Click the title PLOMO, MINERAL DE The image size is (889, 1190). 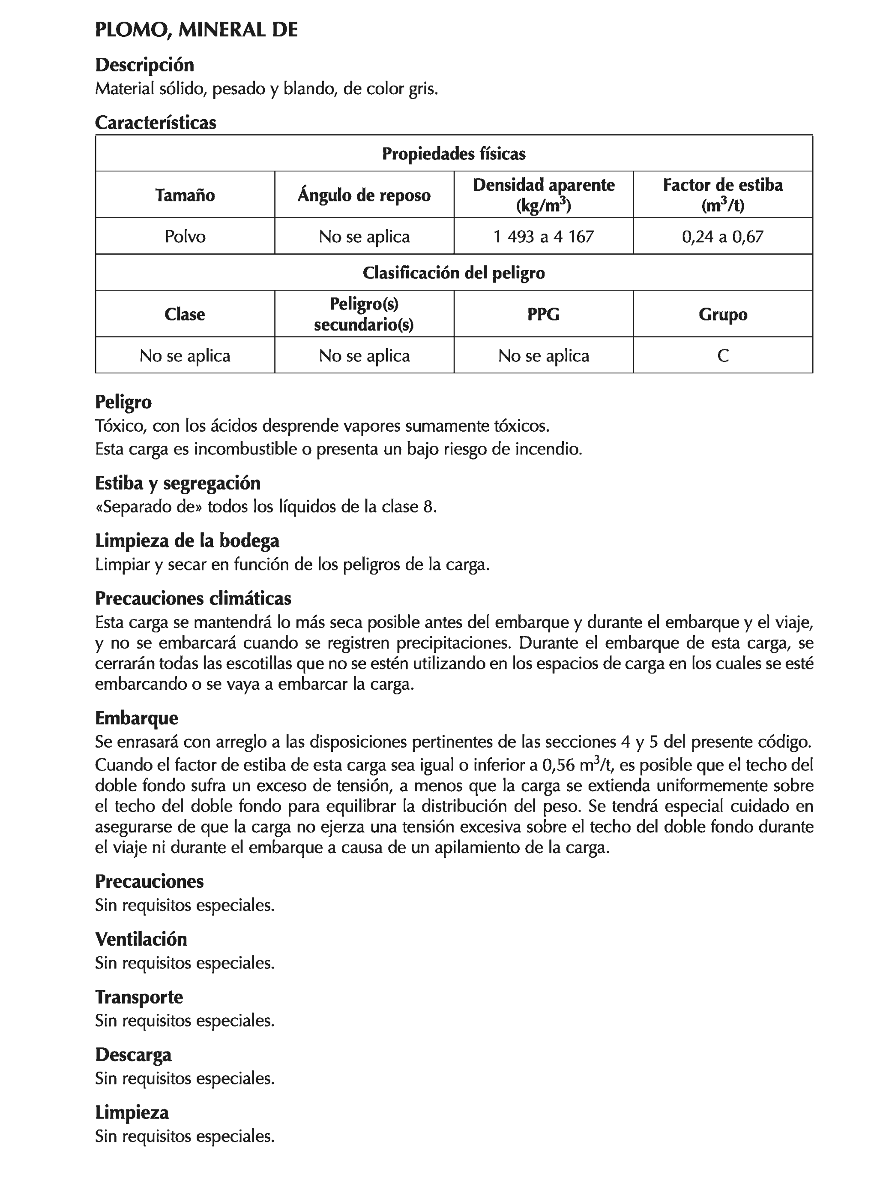(x=196, y=30)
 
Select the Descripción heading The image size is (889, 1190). (x=144, y=65)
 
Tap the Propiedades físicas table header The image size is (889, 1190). (x=453, y=154)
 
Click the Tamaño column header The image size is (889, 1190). (x=185, y=195)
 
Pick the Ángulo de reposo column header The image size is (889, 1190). (x=364, y=195)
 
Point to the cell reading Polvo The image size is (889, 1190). (x=185, y=236)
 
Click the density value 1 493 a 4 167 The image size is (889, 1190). (x=543, y=236)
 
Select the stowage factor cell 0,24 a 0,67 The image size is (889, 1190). (x=722, y=236)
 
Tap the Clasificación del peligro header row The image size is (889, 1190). (x=453, y=273)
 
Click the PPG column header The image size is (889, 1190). (x=543, y=314)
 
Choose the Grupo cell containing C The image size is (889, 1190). (x=723, y=356)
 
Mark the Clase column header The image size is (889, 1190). (x=185, y=314)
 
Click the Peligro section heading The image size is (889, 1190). (x=123, y=403)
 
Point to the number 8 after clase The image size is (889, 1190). (x=428, y=507)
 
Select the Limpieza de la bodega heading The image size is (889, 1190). (x=187, y=541)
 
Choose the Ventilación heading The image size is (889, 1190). (x=141, y=939)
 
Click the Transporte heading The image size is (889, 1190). (x=139, y=997)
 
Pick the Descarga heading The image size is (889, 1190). (x=133, y=1055)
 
